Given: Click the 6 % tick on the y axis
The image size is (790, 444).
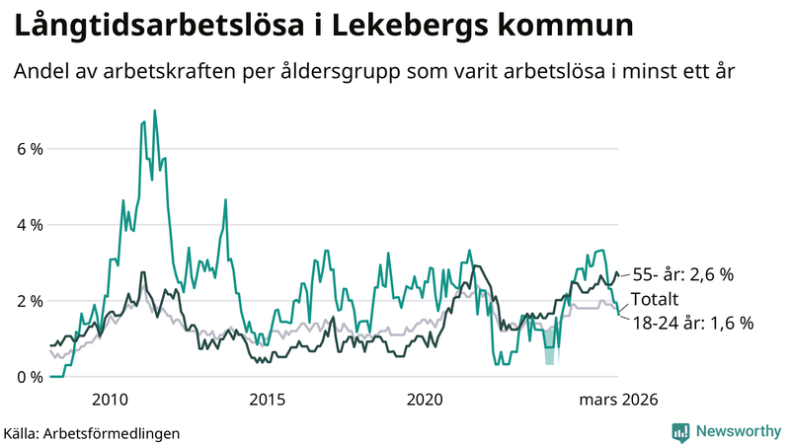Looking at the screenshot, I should tap(30, 149).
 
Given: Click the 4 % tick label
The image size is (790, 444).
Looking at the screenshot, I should tap(30, 225).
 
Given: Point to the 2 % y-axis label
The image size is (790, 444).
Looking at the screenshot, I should tap(30, 301).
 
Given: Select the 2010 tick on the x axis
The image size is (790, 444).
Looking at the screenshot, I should tap(110, 399).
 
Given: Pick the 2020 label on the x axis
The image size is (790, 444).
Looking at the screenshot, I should tap(425, 399).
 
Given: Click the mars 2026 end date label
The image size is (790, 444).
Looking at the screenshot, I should tap(616, 399).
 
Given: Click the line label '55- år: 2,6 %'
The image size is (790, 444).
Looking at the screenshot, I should tap(682, 274).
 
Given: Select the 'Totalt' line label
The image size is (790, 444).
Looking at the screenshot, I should tap(656, 299).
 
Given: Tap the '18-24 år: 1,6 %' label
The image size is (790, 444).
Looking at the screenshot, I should tap(693, 323).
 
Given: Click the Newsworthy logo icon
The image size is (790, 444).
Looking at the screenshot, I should tap(680, 431).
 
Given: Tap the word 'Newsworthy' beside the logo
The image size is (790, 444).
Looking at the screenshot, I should tap(739, 431).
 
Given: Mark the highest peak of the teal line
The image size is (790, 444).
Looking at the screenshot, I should tap(154, 111).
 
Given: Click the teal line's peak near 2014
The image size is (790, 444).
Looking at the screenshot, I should tap(226, 200).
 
